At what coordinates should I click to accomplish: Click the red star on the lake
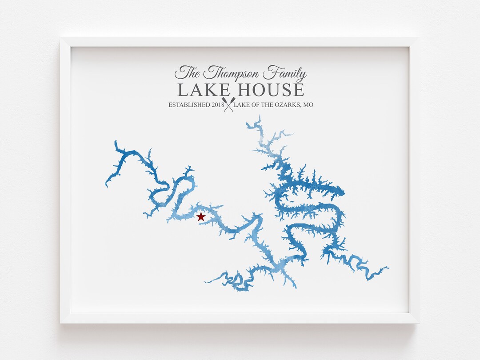pos(201,217)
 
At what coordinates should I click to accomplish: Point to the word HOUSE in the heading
pos(271,90)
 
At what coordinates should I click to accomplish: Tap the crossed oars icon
pos(229,105)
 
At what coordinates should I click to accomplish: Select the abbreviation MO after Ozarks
pos(308,105)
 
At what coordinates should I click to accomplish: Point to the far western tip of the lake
pos(106,184)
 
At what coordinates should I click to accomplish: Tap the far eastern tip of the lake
pos(388,268)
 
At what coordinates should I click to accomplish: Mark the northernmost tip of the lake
pos(259,116)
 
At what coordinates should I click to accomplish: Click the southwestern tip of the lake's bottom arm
pos(206,282)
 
